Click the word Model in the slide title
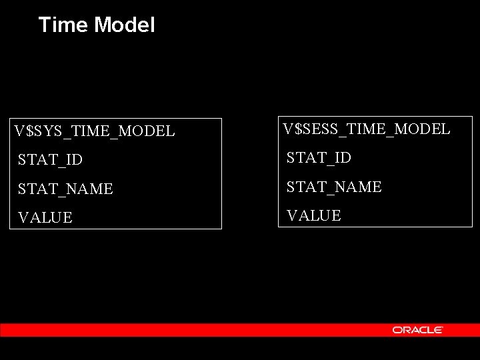[x=124, y=25]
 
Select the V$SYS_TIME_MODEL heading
[x=95, y=131]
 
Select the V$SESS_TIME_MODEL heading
[x=367, y=128]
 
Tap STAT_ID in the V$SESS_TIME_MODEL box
[x=319, y=157]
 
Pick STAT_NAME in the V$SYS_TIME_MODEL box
[x=65, y=189]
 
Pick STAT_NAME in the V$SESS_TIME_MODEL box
[x=334, y=187]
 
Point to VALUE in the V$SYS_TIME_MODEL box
[x=45, y=218]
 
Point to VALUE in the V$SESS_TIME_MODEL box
[x=313, y=215]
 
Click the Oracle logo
[x=418, y=330]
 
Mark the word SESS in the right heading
[x=319, y=128]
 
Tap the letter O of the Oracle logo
[x=397, y=330]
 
